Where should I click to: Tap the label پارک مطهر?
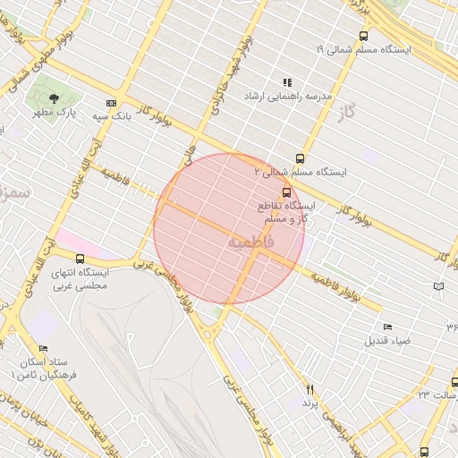(55, 114)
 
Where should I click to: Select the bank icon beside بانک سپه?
(111, 103)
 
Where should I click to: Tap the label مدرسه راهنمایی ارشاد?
(286, 95)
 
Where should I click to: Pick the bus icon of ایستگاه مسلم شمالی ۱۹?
(362, 37)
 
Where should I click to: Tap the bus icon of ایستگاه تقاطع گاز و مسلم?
(286, 192)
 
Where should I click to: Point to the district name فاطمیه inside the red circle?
(246, 242)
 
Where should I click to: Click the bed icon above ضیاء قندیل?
(387, 327)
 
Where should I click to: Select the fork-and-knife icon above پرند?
(310, 389)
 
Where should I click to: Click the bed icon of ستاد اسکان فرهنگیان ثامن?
(43, 349)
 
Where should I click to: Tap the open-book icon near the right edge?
(437, 286)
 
